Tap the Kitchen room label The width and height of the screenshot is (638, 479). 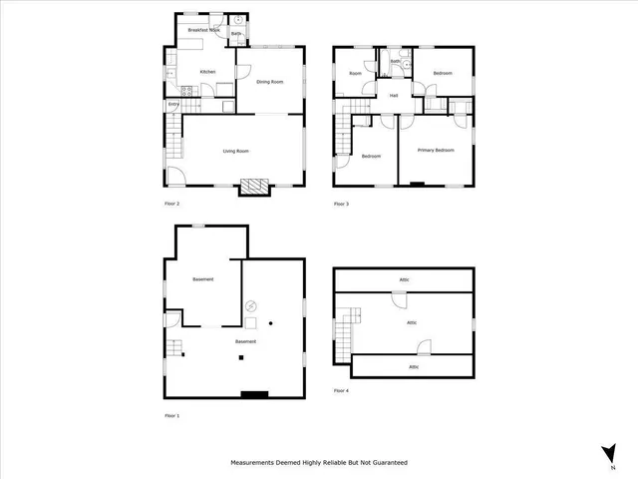click(x=208, y=72)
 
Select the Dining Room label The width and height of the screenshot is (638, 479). click(x=270, y=82)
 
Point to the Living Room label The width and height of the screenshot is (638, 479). click(x=235, y=151)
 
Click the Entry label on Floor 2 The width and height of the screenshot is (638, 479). click(x=173, y=104)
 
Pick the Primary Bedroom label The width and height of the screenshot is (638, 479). click(x=437, y=151)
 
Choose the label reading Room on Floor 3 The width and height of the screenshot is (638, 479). click(x=355, y=73)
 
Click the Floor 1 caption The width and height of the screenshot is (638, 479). click(x=171, y=415)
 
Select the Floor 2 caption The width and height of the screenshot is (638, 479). click(x=171, y=204)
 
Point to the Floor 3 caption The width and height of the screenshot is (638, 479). click(x=341, y=204)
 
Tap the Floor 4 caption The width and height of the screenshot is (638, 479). click(x=341, y=390)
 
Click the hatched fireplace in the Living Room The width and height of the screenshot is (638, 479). click(x=254, y=187)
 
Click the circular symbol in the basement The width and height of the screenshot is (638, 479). click(x=252, y=306)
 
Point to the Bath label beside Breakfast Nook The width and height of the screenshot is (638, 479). click(x=236, y=34)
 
